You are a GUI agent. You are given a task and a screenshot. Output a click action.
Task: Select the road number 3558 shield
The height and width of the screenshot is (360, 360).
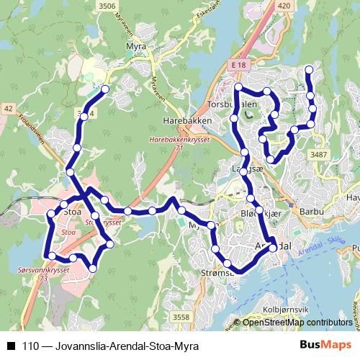(181, 317)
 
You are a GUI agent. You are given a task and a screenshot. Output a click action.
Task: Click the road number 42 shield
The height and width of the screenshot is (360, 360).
(9, 108)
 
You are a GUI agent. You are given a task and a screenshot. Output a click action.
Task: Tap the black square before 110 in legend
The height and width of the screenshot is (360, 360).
(11, 346)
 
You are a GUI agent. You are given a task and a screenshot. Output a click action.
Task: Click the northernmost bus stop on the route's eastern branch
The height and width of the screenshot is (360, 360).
(309, 70)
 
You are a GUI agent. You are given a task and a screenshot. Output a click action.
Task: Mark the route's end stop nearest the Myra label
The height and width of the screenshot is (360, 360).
(105, 89)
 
